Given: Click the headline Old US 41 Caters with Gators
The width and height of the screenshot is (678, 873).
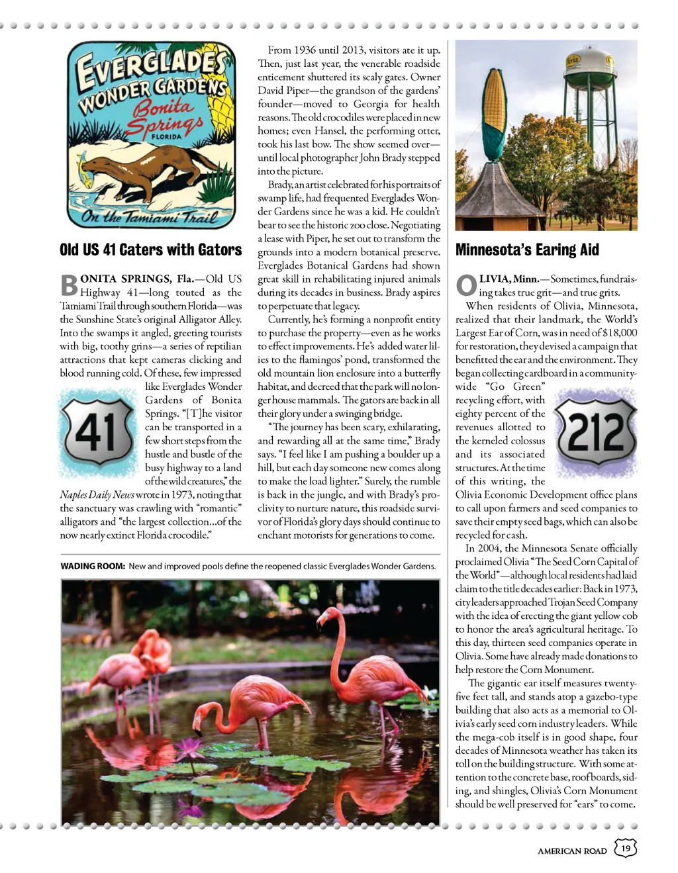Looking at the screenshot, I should point(150,250).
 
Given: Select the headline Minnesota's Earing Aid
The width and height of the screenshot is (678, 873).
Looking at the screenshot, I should point(527,250).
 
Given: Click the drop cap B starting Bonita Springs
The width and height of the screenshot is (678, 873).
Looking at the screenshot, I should point(69,285).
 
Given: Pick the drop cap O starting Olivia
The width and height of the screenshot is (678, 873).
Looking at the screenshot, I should point(466,285).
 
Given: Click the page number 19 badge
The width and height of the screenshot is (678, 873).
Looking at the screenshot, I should point(625,848).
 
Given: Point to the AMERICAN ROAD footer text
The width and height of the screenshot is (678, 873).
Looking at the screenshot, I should point(572,850).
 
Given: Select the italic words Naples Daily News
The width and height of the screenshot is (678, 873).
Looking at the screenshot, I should point(97,494).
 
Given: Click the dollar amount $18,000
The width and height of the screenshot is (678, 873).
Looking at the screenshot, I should point(619,333).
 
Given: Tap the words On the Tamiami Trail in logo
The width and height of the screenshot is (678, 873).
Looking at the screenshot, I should point(150,217).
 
